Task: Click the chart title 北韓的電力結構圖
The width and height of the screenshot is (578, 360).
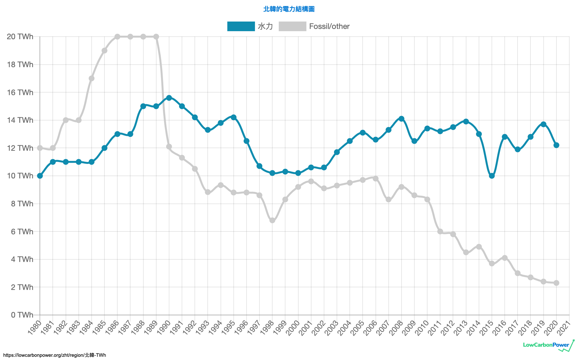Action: click(x=289, y=9)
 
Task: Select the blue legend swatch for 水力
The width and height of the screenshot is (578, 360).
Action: click(x=241, y=26)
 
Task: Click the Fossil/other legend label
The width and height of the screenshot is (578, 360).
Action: click(x=329, y=26)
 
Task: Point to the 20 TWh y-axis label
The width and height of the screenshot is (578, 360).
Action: click(x=20, y=37)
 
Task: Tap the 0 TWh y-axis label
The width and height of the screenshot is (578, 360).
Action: click(x=22, y=315)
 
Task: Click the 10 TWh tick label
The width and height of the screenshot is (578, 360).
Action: click(x=20, y=176)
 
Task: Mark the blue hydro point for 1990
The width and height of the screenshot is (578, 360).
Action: click(x=169, y=98)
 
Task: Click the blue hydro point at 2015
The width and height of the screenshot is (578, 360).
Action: click(x=492, y=176)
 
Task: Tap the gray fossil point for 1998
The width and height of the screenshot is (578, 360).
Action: click(x=272, y=221)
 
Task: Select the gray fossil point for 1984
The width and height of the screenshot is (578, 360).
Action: click(x=92, y=78)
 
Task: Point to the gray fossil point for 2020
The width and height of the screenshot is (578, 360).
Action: click(x=556, y=283)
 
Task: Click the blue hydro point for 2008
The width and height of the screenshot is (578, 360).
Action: click(x=401, y=119)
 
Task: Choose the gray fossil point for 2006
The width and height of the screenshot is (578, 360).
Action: click(x=375, y=178)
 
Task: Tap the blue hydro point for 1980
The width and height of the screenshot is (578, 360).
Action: click(x=40, y=176)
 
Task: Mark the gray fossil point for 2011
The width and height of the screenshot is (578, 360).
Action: click(x=440, y=231)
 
